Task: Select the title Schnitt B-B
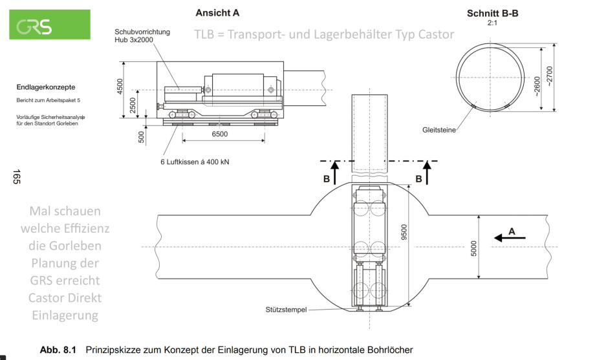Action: coord(492,13)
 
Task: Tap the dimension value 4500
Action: coord(120,86)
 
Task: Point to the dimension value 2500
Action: coord(133,105)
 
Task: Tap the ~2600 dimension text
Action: coord(535,83)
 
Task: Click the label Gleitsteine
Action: coord(438,130)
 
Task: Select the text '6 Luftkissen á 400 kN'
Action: coord(195,162)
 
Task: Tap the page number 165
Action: coord(16,177)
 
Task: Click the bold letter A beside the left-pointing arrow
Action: coord(512,231)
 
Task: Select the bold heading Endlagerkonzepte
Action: coord(46,87)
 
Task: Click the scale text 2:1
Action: coord(492,21)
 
